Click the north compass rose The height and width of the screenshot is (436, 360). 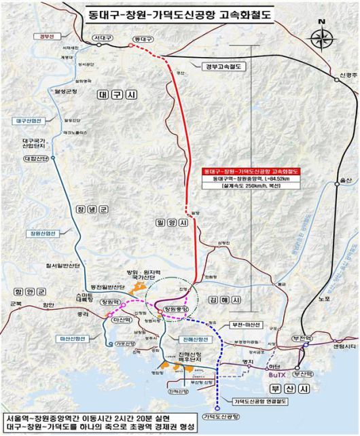(321, 36)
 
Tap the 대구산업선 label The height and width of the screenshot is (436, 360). (27, 121)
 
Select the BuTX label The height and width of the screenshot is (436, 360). (276, 374)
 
